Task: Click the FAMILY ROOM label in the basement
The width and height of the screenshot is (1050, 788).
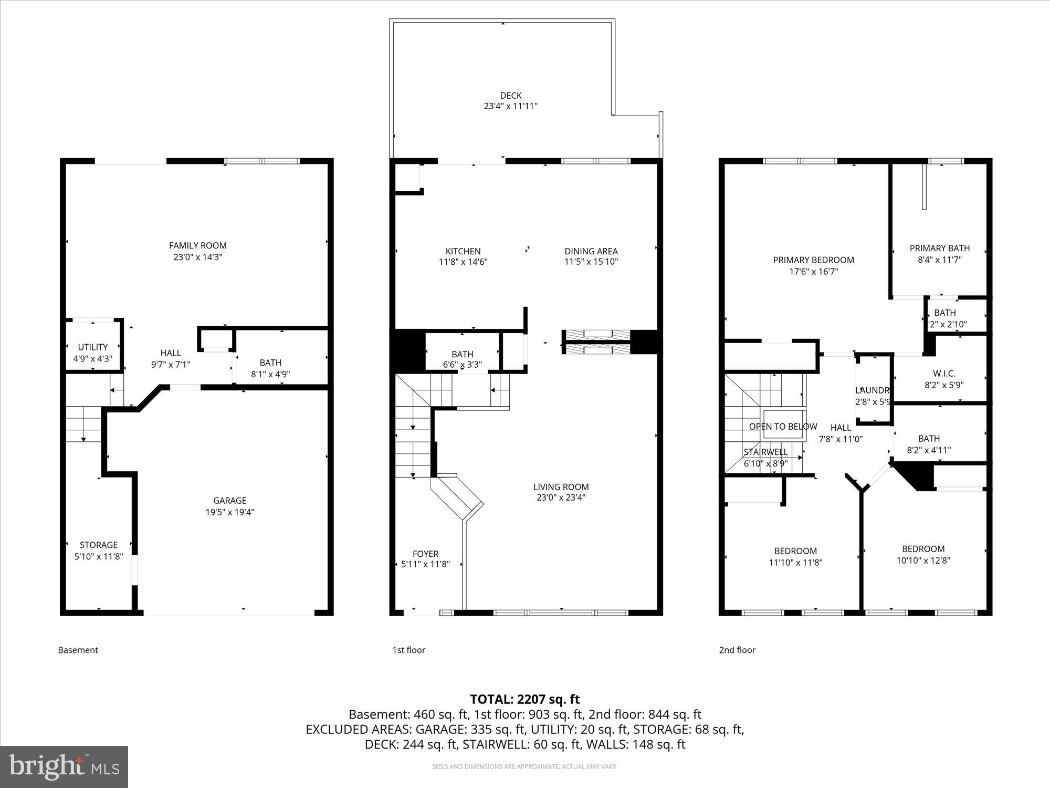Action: (x=197, y=245)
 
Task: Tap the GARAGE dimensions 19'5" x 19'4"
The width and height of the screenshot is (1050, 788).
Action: (x=229, y=512)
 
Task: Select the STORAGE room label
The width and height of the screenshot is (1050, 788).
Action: (x=98, y=545)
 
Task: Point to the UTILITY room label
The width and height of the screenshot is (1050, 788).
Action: (x=92, y=347)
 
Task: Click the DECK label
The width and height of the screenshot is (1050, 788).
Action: (x=510, y=96)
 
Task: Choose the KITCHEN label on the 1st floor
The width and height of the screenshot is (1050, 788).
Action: (x=463, y=251)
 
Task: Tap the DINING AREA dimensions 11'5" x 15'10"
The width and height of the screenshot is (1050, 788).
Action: (x=591, y=262)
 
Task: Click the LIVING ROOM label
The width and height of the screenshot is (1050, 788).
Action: (x=561, y=486)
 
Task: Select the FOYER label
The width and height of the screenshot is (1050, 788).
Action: (x=425, y=554)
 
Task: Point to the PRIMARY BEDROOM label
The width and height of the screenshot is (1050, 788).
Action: (x=813, y=260)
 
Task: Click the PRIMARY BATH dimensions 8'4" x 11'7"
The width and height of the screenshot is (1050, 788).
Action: (x=939, y=260)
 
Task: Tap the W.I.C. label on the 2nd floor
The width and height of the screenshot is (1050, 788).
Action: (x=944, y=374)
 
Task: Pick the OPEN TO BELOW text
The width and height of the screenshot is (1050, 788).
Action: (x=783, y=427)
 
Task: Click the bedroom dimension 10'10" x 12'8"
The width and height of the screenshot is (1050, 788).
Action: (x=923, y=560)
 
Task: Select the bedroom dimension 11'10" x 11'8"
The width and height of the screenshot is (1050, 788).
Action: (x=795, y=563)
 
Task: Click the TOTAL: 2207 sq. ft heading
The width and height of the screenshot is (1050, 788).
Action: (x=524, y=699)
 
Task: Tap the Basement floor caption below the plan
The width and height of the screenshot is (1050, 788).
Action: (x=78, y=650)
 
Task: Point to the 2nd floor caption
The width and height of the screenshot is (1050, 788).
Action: (x=737, y=650)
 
